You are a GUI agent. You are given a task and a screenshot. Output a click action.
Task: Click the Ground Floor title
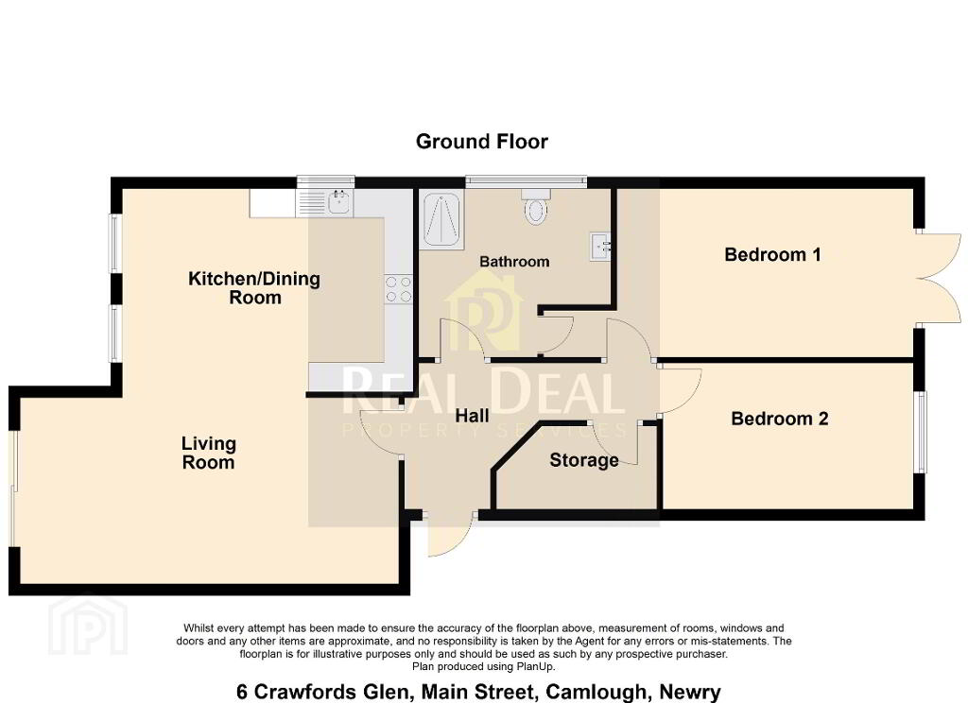[x=481, y=142]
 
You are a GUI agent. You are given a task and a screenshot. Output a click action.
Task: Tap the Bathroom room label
[x=514, y=262]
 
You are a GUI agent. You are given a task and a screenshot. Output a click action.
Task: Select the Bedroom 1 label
[x=772, y=254]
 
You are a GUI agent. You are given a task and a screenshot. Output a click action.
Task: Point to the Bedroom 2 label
[x=779, y=419]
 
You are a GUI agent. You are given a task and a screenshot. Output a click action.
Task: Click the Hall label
[x=473, y=416]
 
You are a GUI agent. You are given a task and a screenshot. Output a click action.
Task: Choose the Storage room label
[x=584, y=460]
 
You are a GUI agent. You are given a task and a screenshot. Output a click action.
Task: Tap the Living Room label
[x=209, y=453]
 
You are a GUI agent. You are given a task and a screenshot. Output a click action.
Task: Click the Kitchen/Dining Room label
[x=254, y=287]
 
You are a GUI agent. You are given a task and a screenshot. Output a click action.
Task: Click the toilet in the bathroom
[x=535, y=207]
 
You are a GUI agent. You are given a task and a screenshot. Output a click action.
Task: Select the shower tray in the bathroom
[x=441, y=221]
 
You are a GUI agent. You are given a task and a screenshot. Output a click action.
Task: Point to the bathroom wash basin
[x=600, y=247]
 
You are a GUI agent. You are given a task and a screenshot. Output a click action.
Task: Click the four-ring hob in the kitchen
[x=398, y=289]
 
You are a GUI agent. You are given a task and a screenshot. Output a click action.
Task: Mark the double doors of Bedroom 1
[x=939, y=279]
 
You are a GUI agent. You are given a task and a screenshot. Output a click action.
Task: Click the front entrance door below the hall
[x=450, y=533]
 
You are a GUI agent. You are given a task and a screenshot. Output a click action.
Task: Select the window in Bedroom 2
[x=921, y=432]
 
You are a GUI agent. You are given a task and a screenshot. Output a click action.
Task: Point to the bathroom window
[x=526, y=180]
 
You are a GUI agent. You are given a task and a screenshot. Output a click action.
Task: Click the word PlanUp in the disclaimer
[x=535, y=667]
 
